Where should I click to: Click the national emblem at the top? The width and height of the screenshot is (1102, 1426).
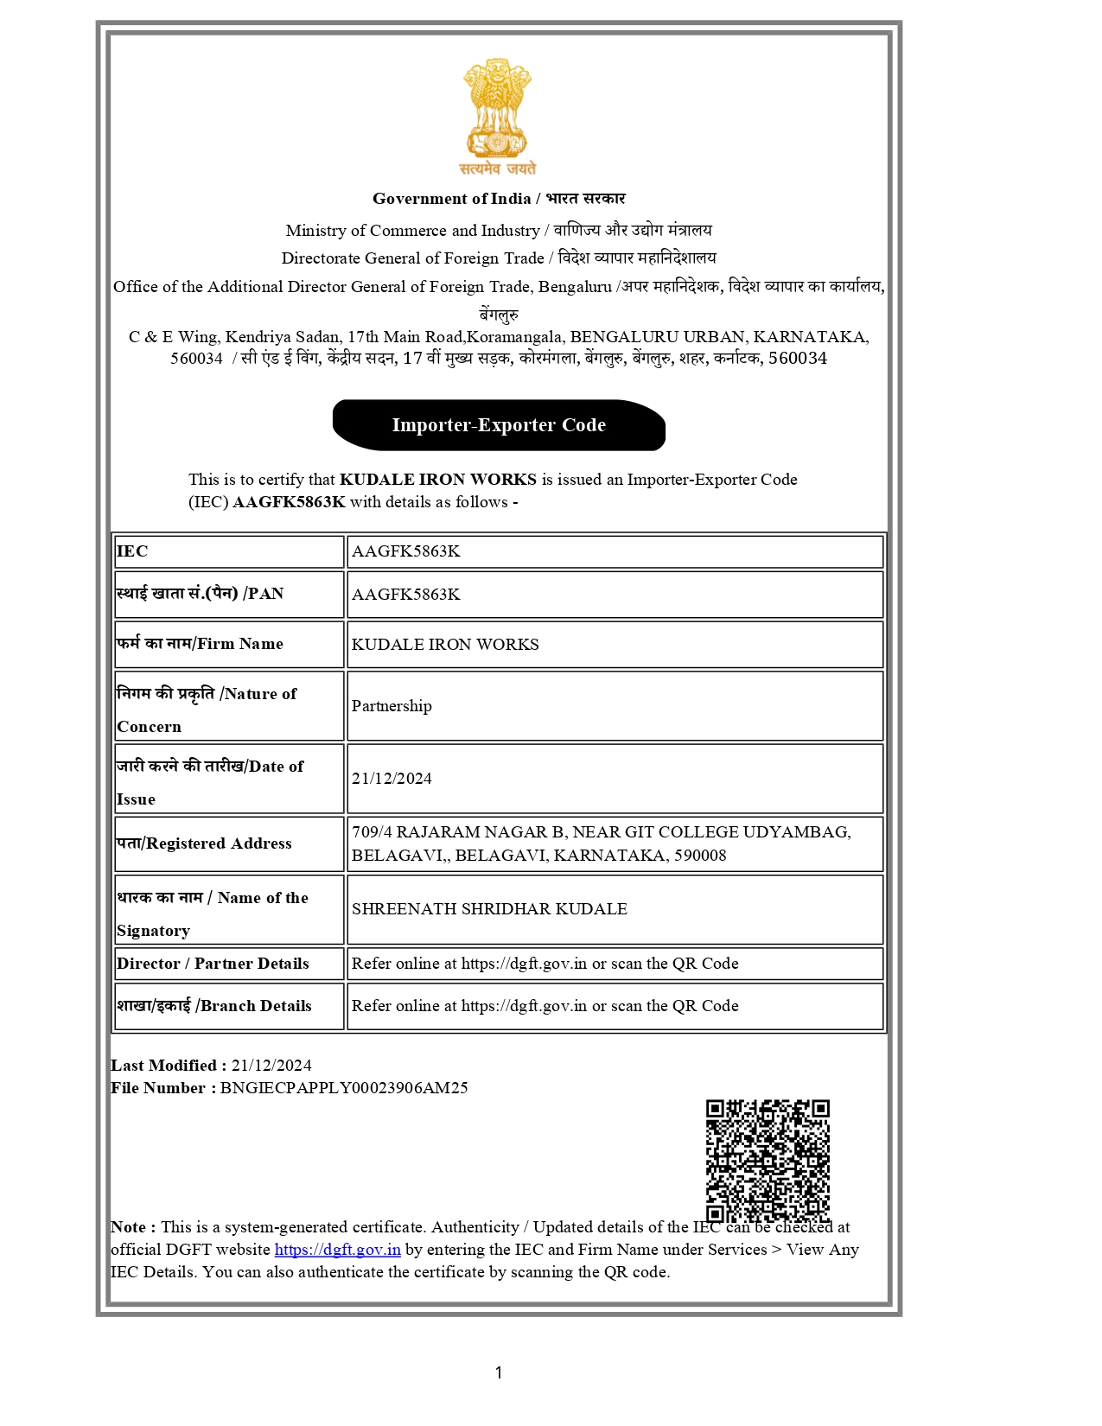(x=497, y=117)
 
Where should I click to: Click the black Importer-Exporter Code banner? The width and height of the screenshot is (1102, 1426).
(x=499, y=425)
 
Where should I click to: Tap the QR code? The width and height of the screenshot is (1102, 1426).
(x=767, y=1160)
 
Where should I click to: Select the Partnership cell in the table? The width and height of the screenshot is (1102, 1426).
(x=392, y=706)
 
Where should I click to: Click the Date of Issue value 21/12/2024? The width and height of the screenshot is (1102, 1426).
(x=392, y=779)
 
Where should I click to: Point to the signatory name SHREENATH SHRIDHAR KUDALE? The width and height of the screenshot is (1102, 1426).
(x=489, y=909)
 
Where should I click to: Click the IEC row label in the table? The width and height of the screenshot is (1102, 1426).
(x=132, y=551)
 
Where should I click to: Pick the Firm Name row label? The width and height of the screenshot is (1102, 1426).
(x=200, y=644)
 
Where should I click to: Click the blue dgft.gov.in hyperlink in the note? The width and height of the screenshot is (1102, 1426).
(x=337, y=1250)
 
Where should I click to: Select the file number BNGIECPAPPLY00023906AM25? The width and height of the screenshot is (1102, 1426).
(x=344, y=1088)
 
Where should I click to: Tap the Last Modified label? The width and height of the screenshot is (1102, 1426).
(x=169, y=1066)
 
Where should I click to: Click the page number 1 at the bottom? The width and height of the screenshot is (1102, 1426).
(x=499, y=1372)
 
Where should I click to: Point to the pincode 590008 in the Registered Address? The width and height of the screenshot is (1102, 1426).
(x=700, y=856)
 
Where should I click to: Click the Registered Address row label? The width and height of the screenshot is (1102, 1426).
(x=205, y=844)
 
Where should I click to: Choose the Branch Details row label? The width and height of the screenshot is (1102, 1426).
(x=214, y=1006)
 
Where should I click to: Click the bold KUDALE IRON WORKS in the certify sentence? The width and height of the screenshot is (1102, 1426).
(x=438, y=480)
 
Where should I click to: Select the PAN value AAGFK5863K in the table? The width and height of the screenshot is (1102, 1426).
(x=405, y=595)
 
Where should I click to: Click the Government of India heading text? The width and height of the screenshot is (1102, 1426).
(x=451, y=199)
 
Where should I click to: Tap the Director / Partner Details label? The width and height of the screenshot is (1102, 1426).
(x=213, y=964)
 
